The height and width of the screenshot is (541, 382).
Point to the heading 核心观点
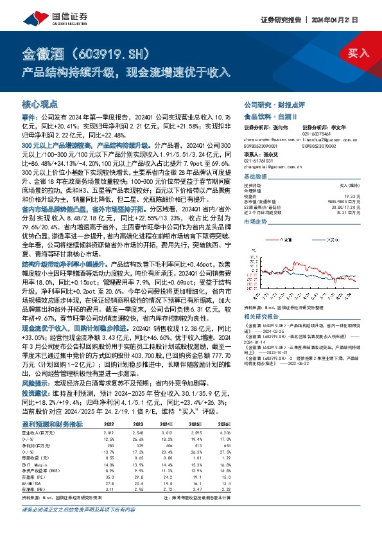tap(40, 103)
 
